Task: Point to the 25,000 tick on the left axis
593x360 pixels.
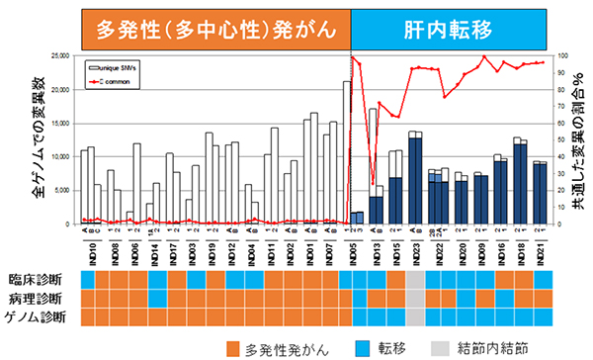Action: [60, 56]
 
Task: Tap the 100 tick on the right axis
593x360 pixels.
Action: [560, 56]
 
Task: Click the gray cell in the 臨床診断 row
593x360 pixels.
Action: [416, 280]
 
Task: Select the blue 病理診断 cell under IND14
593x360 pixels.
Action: [156, 298]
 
